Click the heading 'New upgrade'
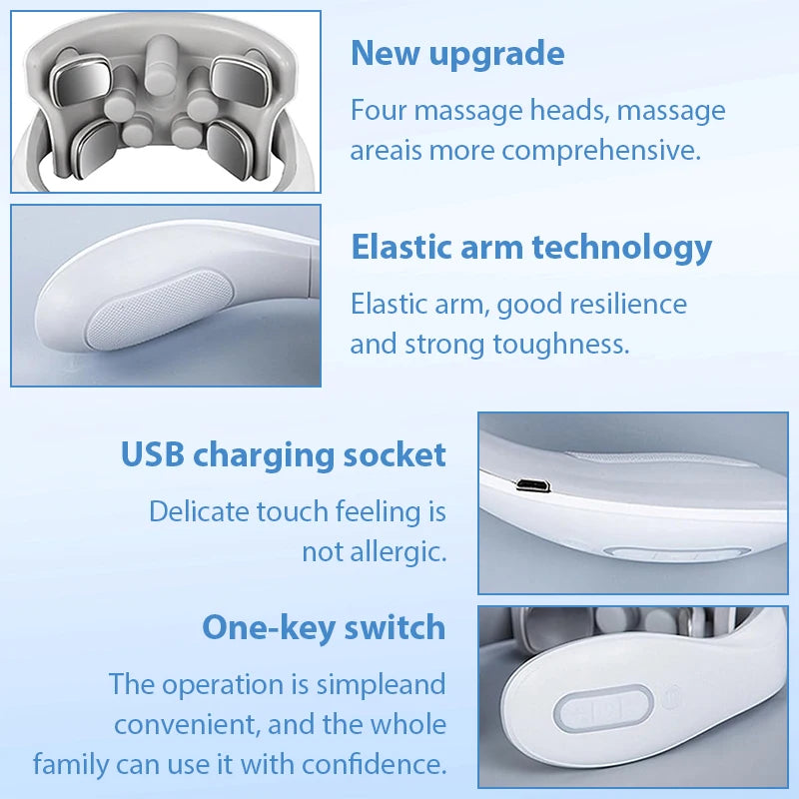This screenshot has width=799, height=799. [457, 54]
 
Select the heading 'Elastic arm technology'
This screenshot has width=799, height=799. [531, 247]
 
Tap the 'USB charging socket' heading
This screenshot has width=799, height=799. [284, 455]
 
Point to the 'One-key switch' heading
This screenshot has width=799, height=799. [324, 628]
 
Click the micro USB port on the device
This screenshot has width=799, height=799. [532, 486]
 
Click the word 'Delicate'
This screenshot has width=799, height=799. [199, 511]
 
